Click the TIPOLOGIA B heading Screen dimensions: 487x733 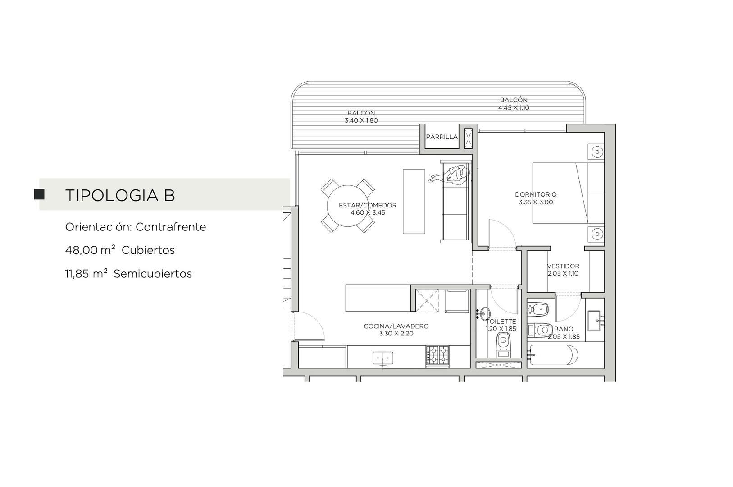(x=120, y=195)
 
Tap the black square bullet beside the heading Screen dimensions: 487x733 (x=39, y=194)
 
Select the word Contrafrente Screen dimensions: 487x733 (x=171, y=227)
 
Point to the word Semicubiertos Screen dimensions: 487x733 (x=152, y=274)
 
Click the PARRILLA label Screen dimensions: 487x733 (x=442, y=137)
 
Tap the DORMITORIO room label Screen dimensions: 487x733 (x=536, y=195)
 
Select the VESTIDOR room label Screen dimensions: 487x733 (x=563, y=266)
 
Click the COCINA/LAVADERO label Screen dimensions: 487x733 (x=396, y=326)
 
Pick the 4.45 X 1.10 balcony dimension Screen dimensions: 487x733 (x=514, y=108)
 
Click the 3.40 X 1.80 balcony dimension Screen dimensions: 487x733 (x=361, y=120)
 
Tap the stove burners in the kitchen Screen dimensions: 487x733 (x=437, y=355)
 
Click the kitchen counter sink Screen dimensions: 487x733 (x=382, y=358)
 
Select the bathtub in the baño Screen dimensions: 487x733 (x=553, y=355)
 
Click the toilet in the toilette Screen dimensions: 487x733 (x=503, y=345)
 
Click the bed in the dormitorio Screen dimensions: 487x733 (x=568, y=193)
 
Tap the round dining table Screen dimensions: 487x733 (x=348, y=206)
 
